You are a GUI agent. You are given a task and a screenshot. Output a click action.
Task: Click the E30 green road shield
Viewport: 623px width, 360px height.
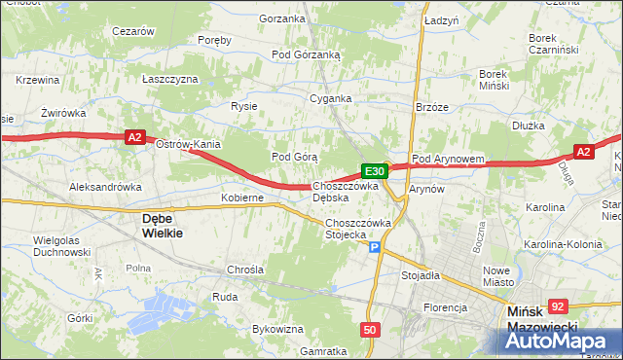pyautogui.click(x=377, y=171)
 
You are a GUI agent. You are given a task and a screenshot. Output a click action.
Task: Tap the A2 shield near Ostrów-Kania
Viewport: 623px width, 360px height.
pyautogui.click(x=136, y=139)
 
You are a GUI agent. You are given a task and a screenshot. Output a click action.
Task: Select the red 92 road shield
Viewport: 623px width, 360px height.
pyautogui.click(x=558, y=306)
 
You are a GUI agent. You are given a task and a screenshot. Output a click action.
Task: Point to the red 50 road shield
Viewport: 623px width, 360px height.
pyautogui.click(x=369, y=331)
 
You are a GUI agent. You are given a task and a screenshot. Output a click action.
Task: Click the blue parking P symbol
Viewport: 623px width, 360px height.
pyautogui.click(x=375, y=249)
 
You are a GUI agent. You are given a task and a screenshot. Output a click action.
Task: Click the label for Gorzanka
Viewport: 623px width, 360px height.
pyautogui.click(x=282, y=18)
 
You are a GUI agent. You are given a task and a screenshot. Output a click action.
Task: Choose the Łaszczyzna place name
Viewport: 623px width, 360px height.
pyautogui.click(x=170, y=79)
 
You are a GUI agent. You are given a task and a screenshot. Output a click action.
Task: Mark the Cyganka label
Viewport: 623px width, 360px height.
pyautogui.click(x=330, y=98)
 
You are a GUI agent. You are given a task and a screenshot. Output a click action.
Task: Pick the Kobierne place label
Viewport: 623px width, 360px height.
pyautogui.click(x=242, y=198)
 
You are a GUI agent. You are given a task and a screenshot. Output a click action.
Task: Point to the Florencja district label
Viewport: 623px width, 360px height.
pyautogui.click(x=445, y=307)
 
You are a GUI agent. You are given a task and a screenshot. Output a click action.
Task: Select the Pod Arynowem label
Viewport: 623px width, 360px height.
pyautogui.click(x=448, y=159)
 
